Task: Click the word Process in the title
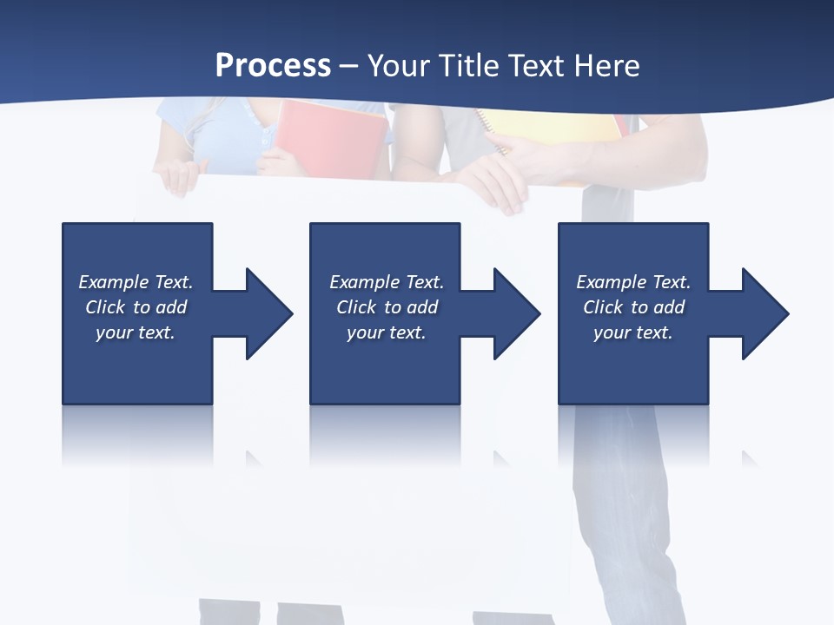pos(273,66)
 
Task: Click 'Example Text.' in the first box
pos(136,282)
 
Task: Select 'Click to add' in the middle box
pos(387,307)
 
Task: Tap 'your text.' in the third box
pos(633,332)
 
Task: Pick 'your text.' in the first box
pos(136,332)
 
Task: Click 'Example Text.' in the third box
pos(633,282)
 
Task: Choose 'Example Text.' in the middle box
pos(387,282)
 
